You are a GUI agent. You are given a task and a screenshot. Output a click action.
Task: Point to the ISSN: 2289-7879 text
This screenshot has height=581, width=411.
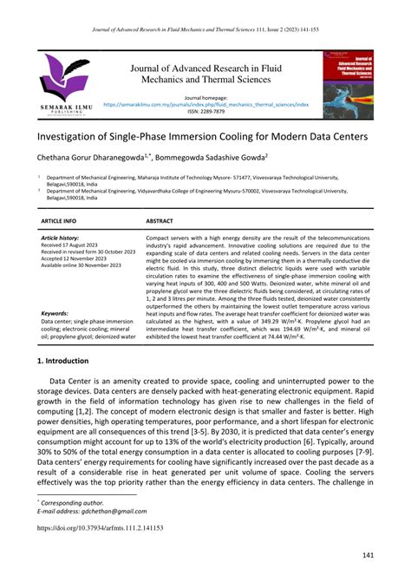(x=206, y=110)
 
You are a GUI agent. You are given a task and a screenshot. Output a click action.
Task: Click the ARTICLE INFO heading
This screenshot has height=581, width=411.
(x=58, y=222)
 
